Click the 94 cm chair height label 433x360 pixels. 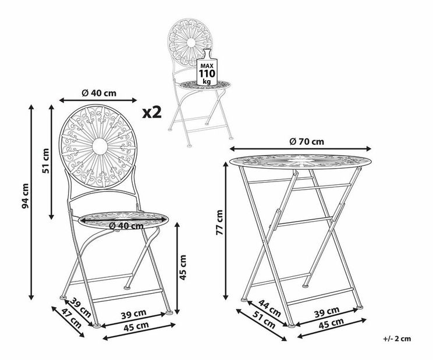point(25,195)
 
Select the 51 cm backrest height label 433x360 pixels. point(45,161)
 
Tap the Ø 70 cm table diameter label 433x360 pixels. point(307,141)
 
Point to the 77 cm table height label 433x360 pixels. point(219,222)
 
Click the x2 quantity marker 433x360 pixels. point(151,113)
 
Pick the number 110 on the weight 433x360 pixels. point(207,74)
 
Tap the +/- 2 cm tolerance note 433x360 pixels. point(397,338)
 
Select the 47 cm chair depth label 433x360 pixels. point(72,318)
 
